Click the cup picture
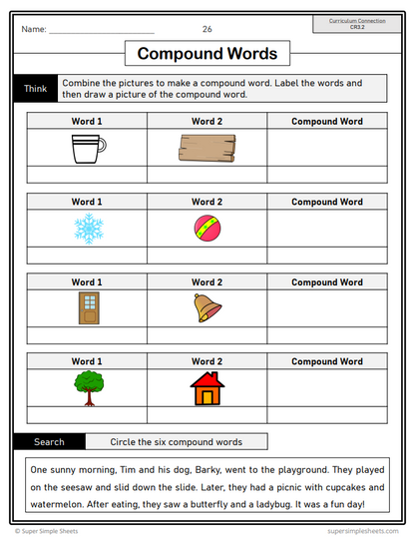point(87,150)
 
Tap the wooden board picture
point(206,149)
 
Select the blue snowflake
point(87,229)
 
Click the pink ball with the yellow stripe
point(206,229)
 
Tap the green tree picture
point(87,386)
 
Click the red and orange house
point(207,386)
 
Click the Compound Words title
point(207,53)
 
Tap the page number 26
point(207,29)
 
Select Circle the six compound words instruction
point(178,441)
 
